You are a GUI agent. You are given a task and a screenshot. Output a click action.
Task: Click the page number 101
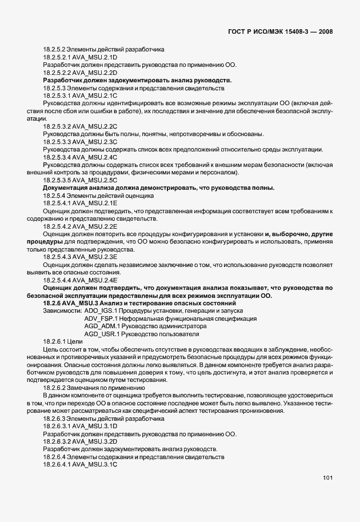327,477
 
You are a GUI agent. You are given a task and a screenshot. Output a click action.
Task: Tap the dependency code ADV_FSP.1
101,318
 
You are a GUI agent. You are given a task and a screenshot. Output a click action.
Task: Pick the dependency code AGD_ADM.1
101,326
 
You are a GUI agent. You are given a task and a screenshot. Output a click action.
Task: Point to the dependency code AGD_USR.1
101,333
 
